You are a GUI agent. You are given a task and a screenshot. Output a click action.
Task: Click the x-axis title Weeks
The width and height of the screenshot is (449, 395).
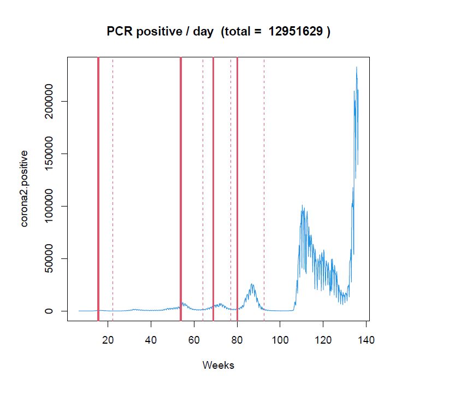pos(218,365)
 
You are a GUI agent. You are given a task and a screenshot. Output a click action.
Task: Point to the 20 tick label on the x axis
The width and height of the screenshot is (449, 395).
pos(108,339)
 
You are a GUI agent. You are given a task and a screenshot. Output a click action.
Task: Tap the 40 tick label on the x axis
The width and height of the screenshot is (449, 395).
pos(151,339)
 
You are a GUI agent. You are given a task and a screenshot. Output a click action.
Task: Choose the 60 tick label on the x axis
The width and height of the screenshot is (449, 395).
pos(194,339)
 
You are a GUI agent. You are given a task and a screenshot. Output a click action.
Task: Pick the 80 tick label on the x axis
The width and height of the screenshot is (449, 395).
pos(237,339)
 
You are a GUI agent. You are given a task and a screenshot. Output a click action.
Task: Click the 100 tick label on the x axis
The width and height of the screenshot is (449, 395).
pos(280,339)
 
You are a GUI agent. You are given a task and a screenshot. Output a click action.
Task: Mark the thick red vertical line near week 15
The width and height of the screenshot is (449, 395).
pos(98,186)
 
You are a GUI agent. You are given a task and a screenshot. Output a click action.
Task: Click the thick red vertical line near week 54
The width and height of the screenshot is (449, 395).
pos(181,186)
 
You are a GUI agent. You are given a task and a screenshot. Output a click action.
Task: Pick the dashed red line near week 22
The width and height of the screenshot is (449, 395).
pos(113,186)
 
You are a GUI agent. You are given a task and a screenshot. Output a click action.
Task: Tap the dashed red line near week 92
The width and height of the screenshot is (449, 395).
pos(264,186)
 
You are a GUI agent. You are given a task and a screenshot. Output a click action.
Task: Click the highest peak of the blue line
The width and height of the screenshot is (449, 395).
pos(357,68)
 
